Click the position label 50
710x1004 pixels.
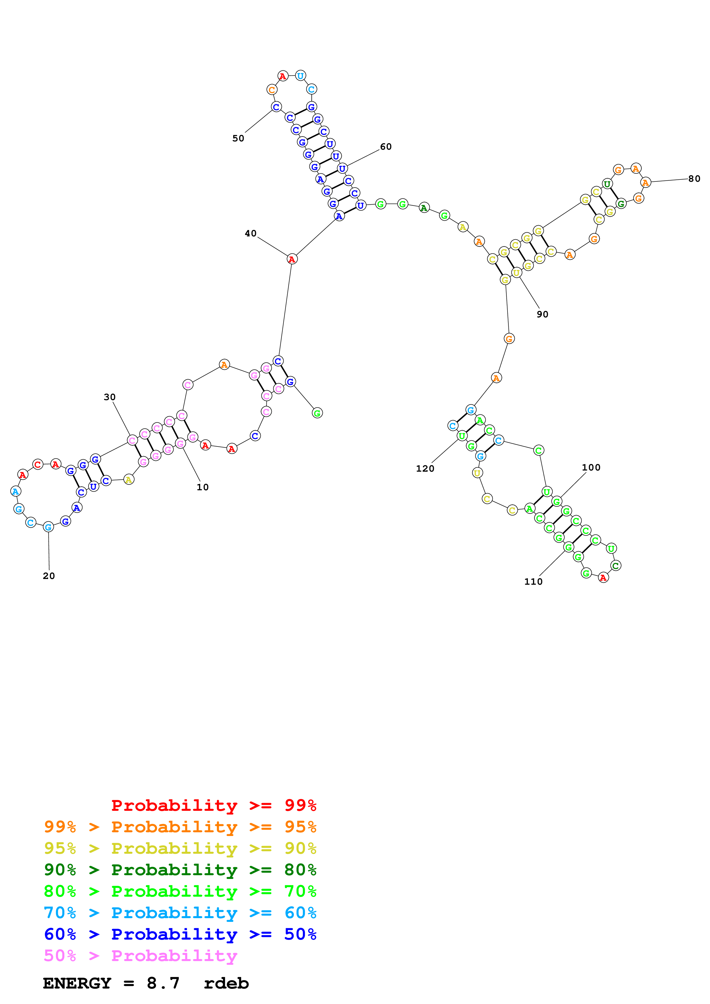pyautogui.click(x=238, y=139)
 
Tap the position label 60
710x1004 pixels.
pyautogui.click(x=386, y=147)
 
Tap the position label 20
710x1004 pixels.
pyautogui.click(x=49, y=576)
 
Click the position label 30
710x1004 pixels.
pyautogui.click(x=109, y=397)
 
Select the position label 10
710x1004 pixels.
pyautogui.click(x=202, y=487)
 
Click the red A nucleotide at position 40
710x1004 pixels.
pyautogui.click(x=292, y=259)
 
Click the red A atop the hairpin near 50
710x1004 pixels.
pyautogui.click(x=283, y=76)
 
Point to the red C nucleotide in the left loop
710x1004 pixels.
pyautogui.click(x=38, y=465)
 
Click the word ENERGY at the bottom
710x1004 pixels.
pyautogui.click(x=77, y=983)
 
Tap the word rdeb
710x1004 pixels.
pyautogui.click(x=226, y=983)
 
